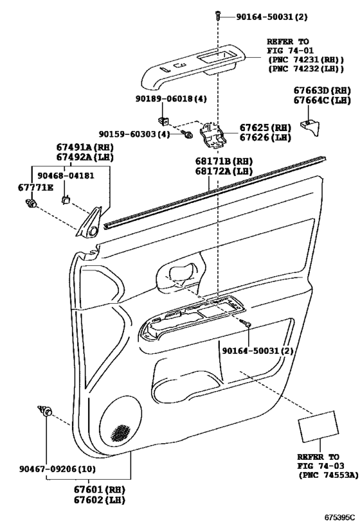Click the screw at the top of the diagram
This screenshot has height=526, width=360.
pyautogui.click(x=218, y=15)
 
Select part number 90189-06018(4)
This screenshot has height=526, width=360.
pyautogui.click(x=171, y=99)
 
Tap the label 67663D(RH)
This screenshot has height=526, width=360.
pyautogui.click(x=322, y=90)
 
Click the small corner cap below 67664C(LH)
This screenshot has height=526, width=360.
pyautogui.click(x=311, y=127)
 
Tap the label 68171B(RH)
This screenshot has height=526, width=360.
pyautogui.click(x=224, y=161)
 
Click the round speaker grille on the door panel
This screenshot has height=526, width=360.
pyautogui.click(x=120, y=423)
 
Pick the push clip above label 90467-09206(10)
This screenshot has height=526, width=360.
pyautogui.click(x=45, y=410)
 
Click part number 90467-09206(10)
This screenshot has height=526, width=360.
pyautogui.click(x=57, y=469)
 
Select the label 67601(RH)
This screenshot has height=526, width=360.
pyautogui.click(x=100, y=489)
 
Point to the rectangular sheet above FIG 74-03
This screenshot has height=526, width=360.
pyautogui.click(x=319, y=426)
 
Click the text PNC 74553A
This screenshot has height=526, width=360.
pyautogui.click(x=328, y=475)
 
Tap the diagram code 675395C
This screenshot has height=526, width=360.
pyautogui.click(x=339, y=516)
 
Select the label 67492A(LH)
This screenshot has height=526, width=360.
pyautogui.click(x=85, y=157)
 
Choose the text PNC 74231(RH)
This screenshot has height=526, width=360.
pyautogui.click(x=305, y=60)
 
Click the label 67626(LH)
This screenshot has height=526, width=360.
pyautogui.click(x=265, y=137)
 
